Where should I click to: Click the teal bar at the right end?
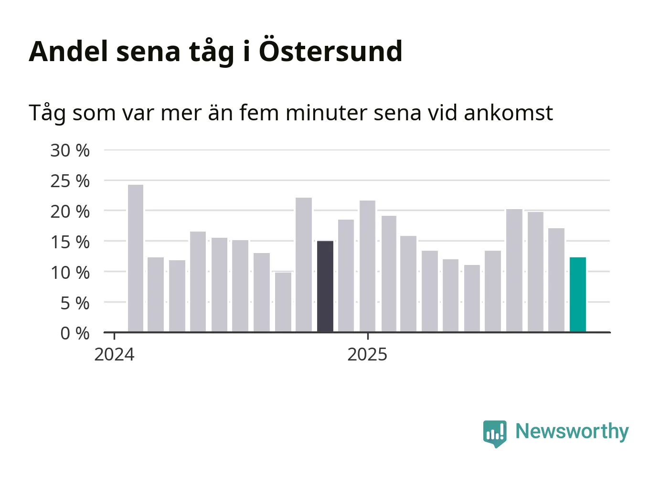[x=577, y=295]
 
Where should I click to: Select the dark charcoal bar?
[x=325, y=286]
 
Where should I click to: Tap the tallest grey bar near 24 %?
[x=136, y=258]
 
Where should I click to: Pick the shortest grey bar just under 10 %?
[x=283, y=302]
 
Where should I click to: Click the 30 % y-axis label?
[x=70, y=150]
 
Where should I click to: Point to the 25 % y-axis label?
[x=70, y=181]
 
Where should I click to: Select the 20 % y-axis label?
[x=70, y=212]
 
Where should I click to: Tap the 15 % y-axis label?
[x=70, y=242]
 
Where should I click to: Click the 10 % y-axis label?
[x=70, y=273]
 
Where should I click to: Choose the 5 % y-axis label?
[x=75, y=303]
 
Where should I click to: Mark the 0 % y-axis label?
[x=75, y=333]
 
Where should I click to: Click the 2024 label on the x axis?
[x=115, y=355]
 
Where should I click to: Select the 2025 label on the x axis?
[x=367, y=355]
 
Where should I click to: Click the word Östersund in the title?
[x=330, y=51]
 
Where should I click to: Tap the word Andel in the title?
[x=69, y=51]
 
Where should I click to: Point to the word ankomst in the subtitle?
[x=508, y=113]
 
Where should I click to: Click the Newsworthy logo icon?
[x=495, y=433]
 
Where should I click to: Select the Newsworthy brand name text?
[x=572, y=432]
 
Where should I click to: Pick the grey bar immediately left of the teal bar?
[x=556, y=280]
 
